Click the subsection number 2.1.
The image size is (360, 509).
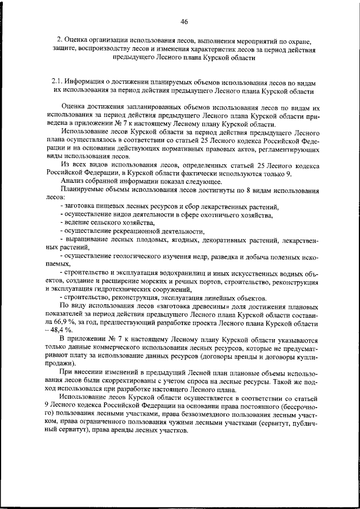pos(58,82)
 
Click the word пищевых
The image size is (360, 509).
pos(112,207)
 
